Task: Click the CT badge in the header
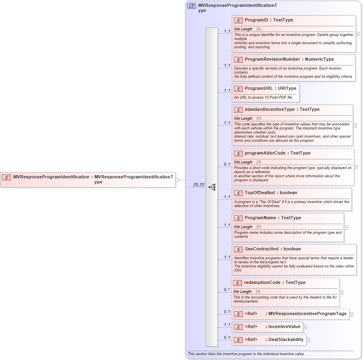pos(191,6)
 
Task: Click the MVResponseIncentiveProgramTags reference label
pos(307,314)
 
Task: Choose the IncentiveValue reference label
pos(284,327)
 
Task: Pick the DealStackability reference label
pos(286,340)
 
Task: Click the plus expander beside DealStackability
pos(308,340)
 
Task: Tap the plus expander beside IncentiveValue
pos(305,327)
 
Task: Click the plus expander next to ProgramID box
pos(358,34)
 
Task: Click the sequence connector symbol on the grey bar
pos(212,187)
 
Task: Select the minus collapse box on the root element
pos(177,180)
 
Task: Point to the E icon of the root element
pos(6,177)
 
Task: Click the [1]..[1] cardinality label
pos(198,184)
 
